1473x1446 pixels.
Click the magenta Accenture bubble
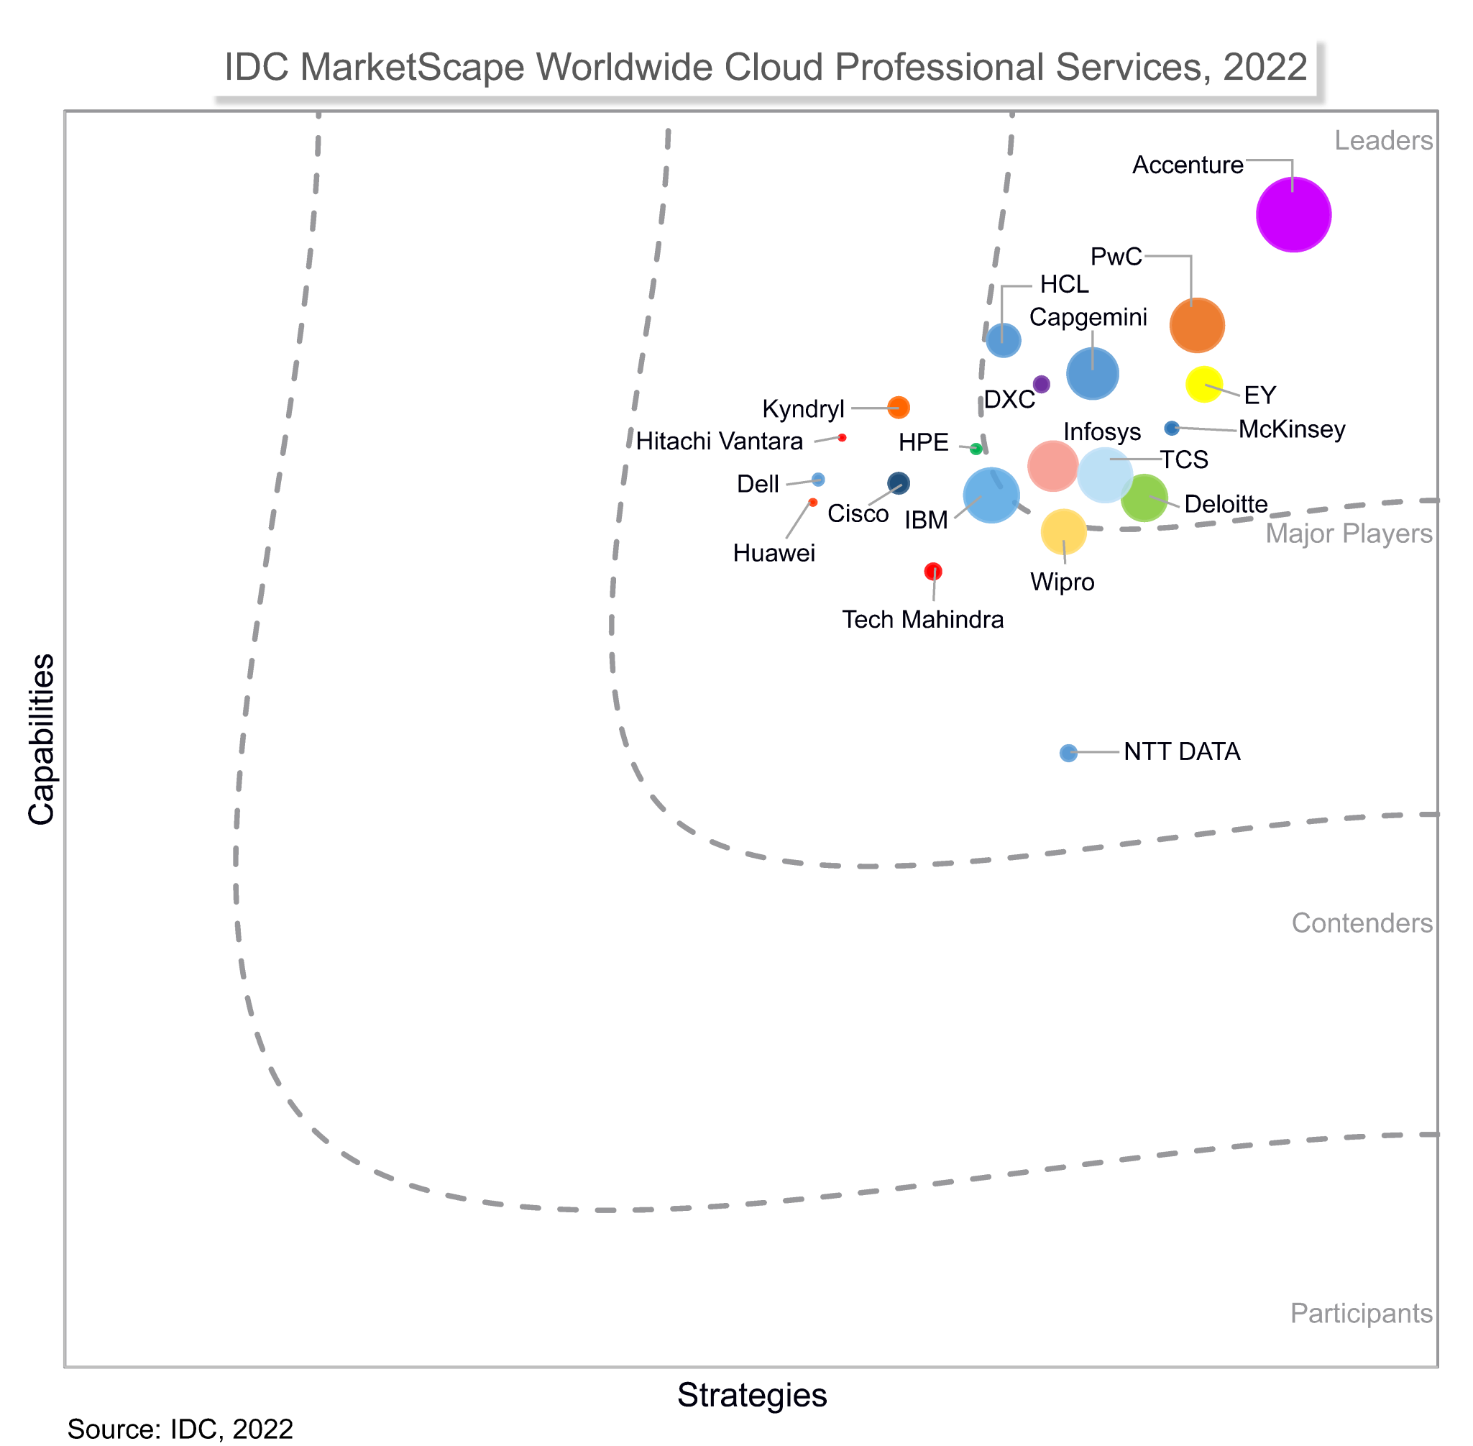(1293, 214)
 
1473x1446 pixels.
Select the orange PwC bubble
(1197, 325)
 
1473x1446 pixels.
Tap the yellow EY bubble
(1203, 383)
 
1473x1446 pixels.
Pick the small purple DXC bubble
(1041, 383)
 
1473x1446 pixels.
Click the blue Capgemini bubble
(1092, 373)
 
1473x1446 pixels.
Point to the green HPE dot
(976, 449)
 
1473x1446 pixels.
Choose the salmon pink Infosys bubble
(1052, 465)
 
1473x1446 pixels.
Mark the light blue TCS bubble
(1105, 475)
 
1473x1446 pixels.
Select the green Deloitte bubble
(1144, 498)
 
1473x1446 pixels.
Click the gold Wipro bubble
(1063, 531)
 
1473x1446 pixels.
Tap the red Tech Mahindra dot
(933, 570)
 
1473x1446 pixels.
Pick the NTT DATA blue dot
(1068, 753)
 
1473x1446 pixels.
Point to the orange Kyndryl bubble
(898, 407)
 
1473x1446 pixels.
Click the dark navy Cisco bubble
(898, 483)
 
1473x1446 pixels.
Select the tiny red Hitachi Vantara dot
(842, 437)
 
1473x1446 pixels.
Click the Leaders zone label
(1383, 140)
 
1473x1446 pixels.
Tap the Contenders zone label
(1362, 923)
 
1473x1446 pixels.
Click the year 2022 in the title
(1265, 68)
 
